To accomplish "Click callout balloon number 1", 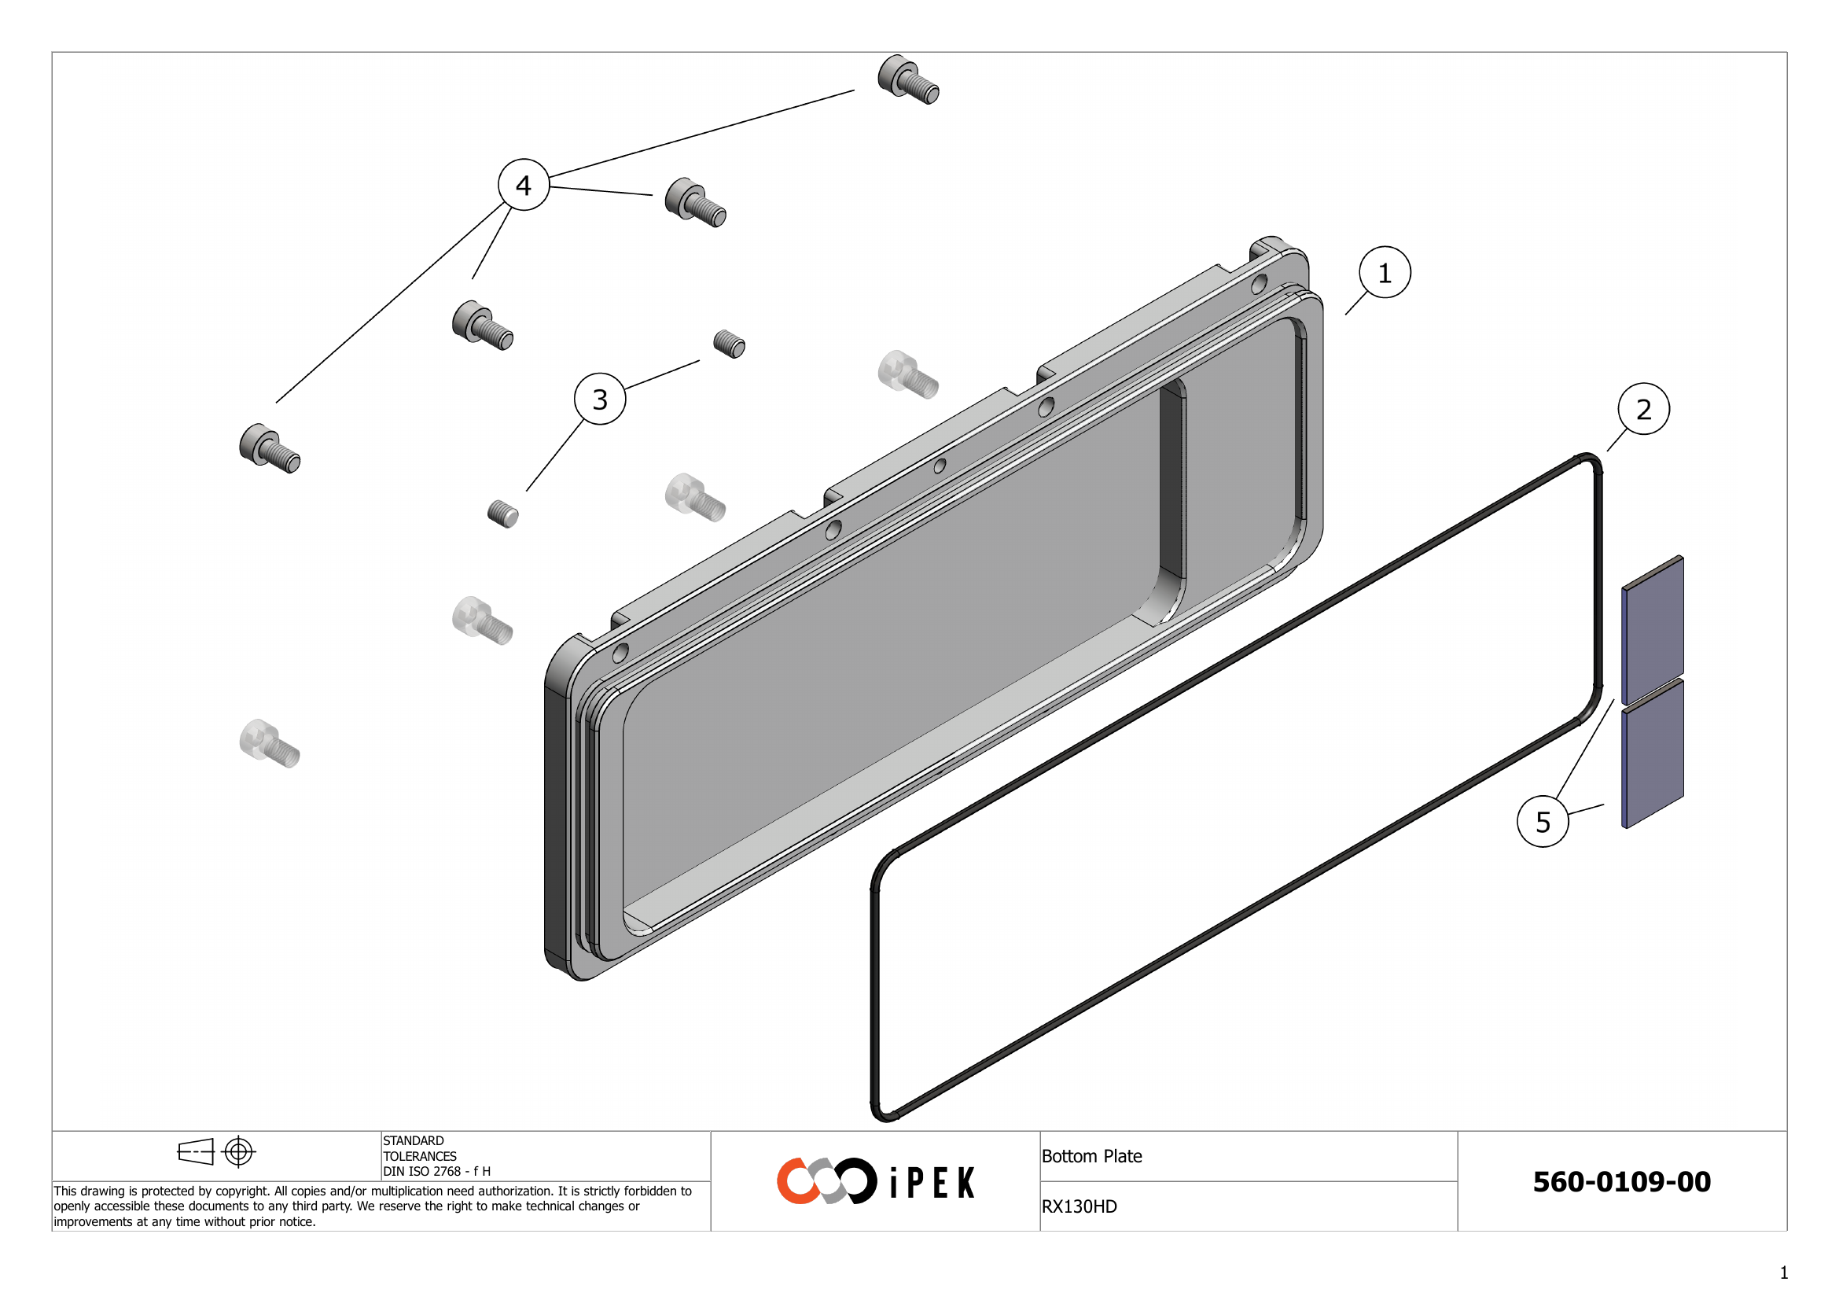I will click(1384, 272).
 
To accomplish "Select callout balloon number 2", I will click(1642, 409).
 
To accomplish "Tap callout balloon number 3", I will click(600, 399).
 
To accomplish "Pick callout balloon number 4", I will click(523, 185).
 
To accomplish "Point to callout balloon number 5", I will click(1543, 822).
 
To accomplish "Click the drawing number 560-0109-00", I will click(1621, 1181).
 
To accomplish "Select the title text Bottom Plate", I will click(1091, 1156).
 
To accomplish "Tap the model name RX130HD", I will click(1078, 1206).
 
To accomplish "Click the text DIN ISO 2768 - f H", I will click(436, 1171).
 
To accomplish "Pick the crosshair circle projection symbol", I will click(239, 1152).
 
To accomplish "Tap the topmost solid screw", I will click(907, 79).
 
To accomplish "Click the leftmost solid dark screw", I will click(269, 448).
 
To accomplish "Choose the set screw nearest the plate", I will click(729, 344).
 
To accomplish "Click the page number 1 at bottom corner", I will click(1784, 1272).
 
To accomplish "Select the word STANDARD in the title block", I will click(414, 1140).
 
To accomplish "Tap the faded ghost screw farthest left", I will click(269, 743).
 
